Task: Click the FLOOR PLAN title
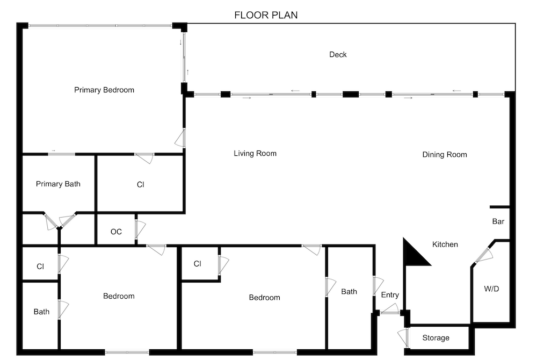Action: [x=266, y=15]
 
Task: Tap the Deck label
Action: [x=338, y=54]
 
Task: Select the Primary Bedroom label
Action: [x=104, y=90]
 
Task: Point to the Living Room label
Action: [x=255, y=154]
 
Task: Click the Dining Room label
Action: [x=445, y=155]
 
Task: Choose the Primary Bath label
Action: [x=58, y=184]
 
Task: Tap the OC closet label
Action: [x=116, y=232]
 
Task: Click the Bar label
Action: [x=498, y=221]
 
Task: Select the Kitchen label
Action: [x=445, y=244]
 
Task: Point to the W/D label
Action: [x=491, y=289]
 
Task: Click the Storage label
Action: [x=436, y=338]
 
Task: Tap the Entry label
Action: [x=390, y=295]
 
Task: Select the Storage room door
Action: [x=404, y=337]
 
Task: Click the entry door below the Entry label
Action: [x=390, y=311]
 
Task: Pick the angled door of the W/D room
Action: [x=483, y=255]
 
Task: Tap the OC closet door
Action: [x=140, y=229]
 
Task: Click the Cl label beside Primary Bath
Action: [x=140, y=185]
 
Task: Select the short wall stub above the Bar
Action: [x=500, y=207]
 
